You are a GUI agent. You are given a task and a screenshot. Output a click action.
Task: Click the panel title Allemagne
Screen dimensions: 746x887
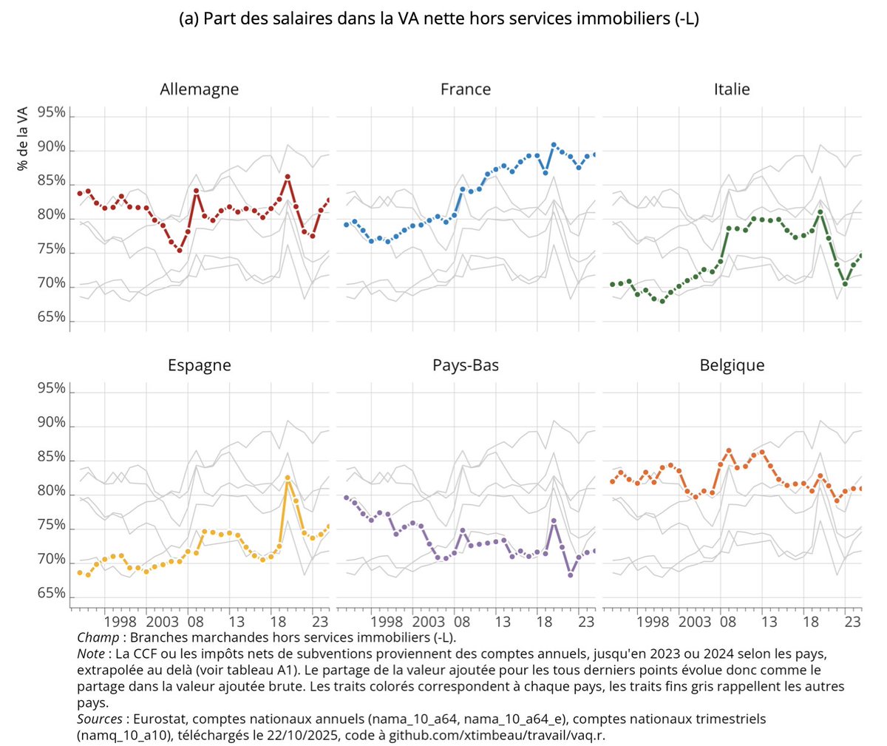199,89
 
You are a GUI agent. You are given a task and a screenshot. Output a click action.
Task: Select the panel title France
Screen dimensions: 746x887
465,89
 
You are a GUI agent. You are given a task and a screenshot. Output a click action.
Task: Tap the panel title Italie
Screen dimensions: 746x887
731,89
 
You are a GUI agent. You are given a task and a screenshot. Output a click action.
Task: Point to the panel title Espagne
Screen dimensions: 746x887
199,365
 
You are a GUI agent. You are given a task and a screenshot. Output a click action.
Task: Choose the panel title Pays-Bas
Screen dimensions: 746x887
465,365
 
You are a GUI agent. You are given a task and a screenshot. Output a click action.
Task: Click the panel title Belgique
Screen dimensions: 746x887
731,365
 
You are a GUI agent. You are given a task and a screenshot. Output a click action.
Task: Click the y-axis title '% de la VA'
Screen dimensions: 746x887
23,138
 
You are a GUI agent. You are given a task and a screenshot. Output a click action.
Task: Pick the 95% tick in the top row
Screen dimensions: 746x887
51,113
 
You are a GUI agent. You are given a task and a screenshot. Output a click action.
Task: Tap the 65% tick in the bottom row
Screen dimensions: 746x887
51,594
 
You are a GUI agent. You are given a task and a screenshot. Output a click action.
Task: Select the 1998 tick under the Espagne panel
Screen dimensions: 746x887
120,622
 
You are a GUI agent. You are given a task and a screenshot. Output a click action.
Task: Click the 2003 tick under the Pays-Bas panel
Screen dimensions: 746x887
429,622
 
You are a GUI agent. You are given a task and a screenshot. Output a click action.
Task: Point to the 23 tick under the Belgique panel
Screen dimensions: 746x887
852,622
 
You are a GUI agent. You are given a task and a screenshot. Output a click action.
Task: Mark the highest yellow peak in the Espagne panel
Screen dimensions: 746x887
288,478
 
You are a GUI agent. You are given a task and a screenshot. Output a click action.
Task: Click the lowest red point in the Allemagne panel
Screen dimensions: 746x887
179,250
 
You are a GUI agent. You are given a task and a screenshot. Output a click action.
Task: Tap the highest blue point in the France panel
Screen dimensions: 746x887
554,145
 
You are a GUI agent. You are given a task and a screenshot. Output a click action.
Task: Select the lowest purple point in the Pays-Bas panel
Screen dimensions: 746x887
571,574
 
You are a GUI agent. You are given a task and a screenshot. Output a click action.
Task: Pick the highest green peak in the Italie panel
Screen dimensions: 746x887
820,212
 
